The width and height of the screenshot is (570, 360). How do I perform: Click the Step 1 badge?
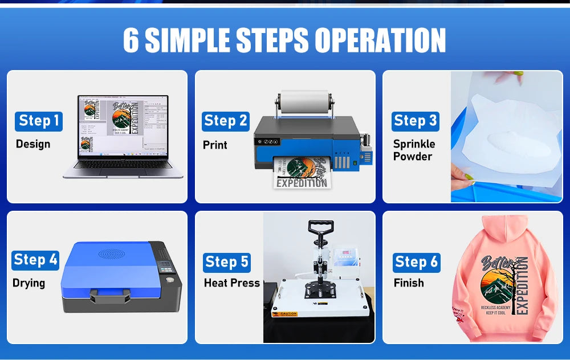39,121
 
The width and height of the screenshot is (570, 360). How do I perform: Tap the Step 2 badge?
226,121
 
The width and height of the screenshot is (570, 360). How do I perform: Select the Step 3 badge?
415,121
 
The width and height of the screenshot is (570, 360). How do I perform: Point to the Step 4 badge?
35,260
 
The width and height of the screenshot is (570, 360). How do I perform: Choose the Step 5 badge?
227,262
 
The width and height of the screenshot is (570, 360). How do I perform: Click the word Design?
33,144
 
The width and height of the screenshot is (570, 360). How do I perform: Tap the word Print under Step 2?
215,145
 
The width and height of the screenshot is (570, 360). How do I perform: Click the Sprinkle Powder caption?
414,150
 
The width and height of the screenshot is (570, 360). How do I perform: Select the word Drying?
28,283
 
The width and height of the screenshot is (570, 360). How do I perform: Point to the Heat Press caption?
231,283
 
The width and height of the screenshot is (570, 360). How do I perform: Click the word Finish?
409,283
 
